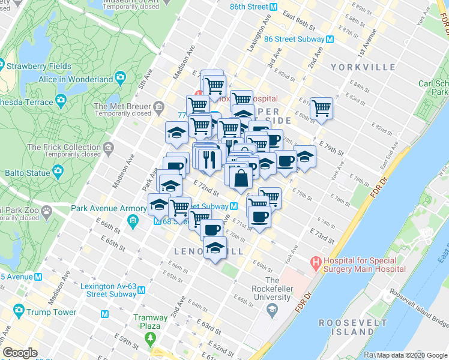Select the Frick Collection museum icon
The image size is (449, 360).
tap(109, 148)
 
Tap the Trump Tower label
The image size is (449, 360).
tap(50, 312)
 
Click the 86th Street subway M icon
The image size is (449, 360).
tap(273, 8)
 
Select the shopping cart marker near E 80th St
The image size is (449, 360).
tap(322, 108)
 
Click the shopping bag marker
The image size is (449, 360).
tap(240, 177)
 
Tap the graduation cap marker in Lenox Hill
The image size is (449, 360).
tap(214, 247)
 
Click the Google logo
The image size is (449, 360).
tap(20, 352)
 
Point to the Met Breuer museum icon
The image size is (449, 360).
tap(159, 107)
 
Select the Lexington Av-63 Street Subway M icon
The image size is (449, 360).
tap(141, 290)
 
